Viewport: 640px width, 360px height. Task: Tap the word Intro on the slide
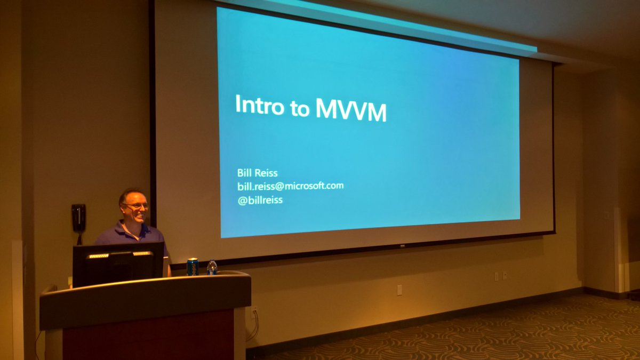259,105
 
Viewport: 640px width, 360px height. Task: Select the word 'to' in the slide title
299,108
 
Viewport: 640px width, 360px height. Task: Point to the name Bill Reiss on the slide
258,173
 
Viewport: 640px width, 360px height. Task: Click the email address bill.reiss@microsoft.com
290,186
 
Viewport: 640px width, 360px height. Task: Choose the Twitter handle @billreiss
260,200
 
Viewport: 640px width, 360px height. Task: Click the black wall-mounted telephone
78,218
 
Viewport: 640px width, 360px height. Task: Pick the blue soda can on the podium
192,266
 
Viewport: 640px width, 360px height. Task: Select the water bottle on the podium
212,267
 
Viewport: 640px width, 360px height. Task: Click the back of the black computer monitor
118,265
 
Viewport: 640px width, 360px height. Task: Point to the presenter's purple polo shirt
131,235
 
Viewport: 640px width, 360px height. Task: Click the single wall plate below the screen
399,289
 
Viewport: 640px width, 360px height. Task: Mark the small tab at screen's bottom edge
402,246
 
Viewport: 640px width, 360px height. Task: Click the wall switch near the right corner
606,214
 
